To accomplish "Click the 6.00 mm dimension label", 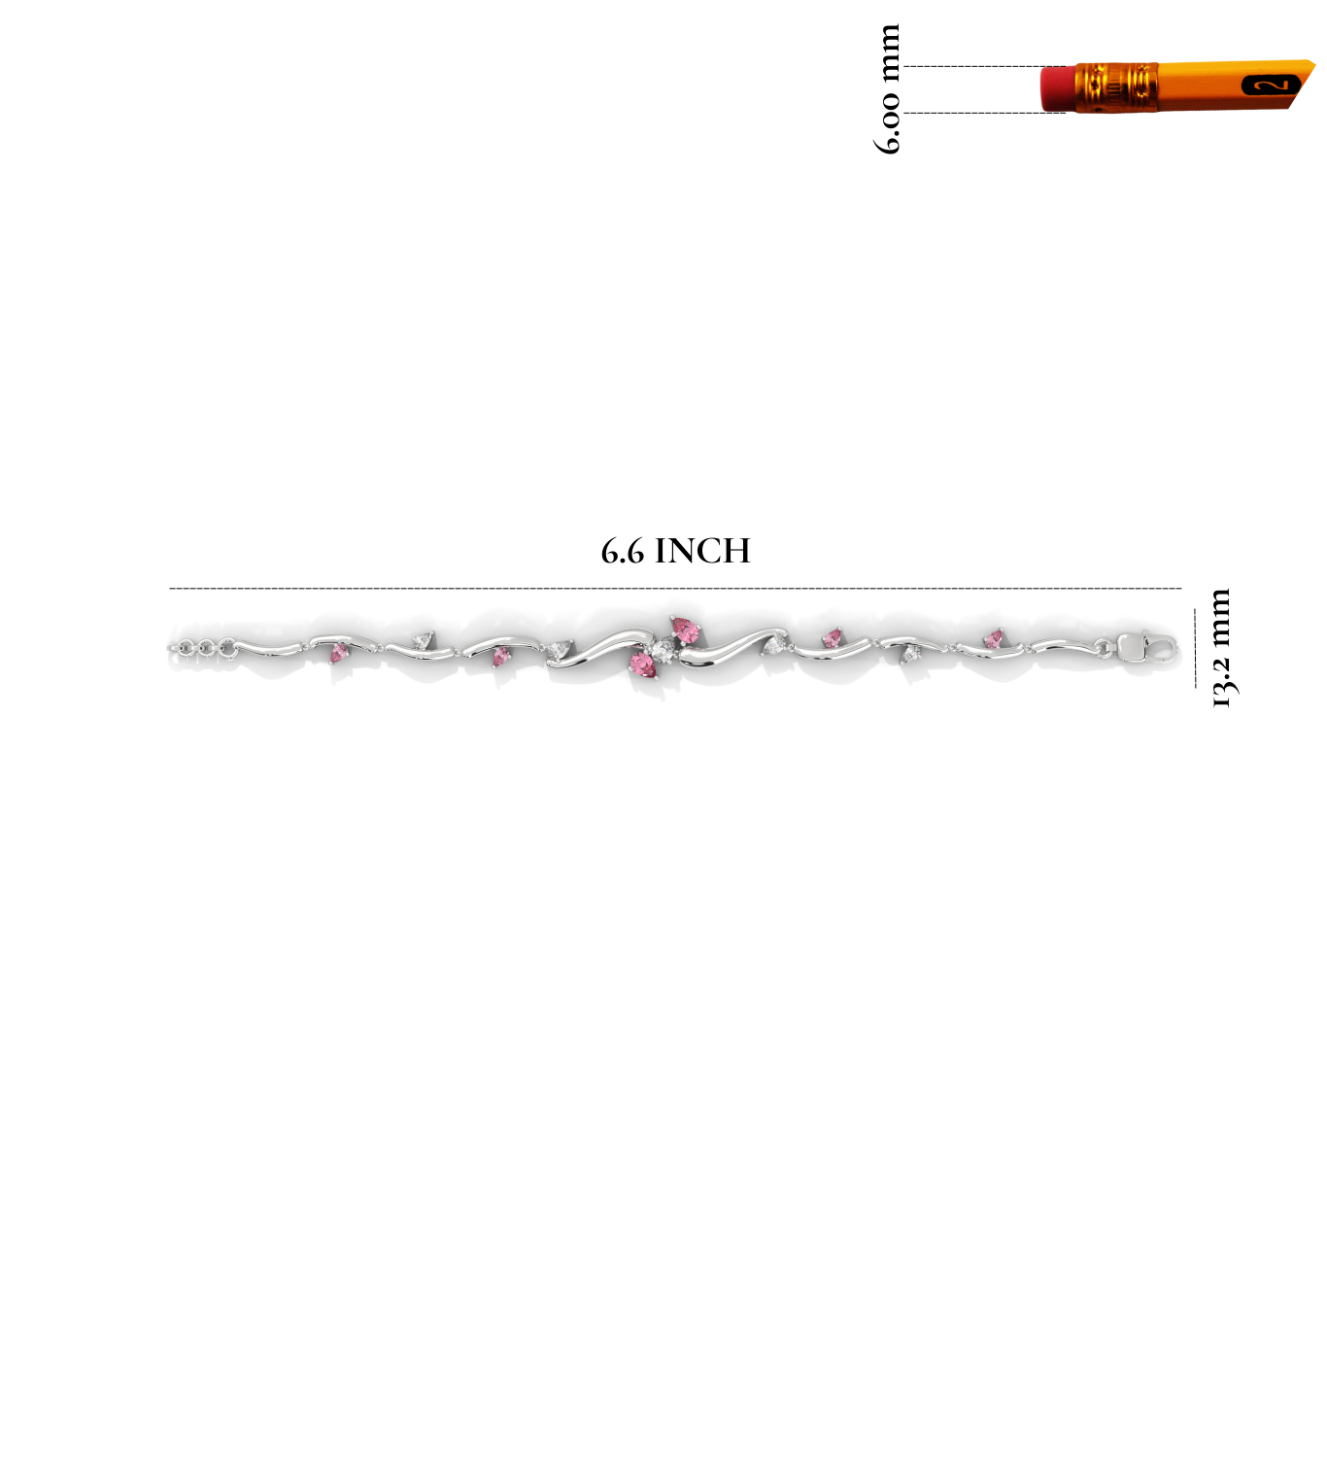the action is coord(888,88).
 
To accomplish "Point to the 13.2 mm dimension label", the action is coord(1221,647).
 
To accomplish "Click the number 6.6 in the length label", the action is coord(623,552).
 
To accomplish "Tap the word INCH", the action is coord(702,551).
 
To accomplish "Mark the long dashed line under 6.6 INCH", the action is coord(675,588).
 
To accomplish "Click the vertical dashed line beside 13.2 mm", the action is coord(1195,647).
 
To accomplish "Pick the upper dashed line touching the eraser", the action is coord(985,66).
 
